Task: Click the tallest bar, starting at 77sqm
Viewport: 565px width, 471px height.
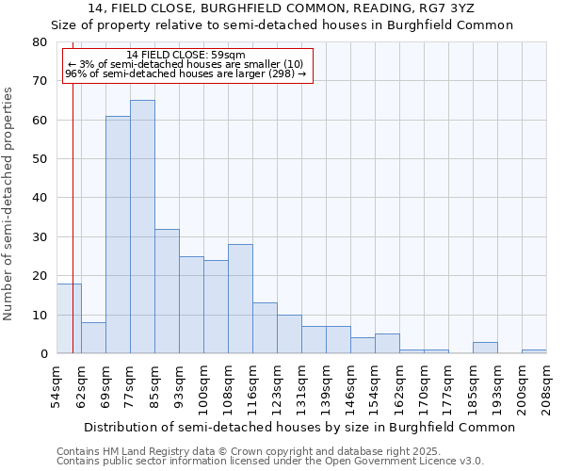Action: click(x=142, y=226)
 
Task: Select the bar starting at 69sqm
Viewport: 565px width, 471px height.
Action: click(x=118, y=235)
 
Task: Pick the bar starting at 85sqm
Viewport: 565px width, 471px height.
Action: click(x=167, y=291)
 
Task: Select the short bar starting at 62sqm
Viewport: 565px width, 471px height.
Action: click(x=93, y=338)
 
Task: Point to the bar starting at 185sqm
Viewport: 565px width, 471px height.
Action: click(x=485, y=348)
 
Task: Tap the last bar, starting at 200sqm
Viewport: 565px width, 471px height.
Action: click(x=534, y=351)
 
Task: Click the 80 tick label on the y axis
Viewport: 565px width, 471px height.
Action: click(x=39, y=42)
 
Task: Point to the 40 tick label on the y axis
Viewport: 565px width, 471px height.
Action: click(x=39, y=198)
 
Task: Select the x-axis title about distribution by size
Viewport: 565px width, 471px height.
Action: click(x=299, y=427)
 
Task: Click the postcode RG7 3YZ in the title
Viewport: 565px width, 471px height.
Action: click(x=446, y=8)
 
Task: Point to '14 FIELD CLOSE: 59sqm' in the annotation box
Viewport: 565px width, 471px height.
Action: click(x=186, y=56)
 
